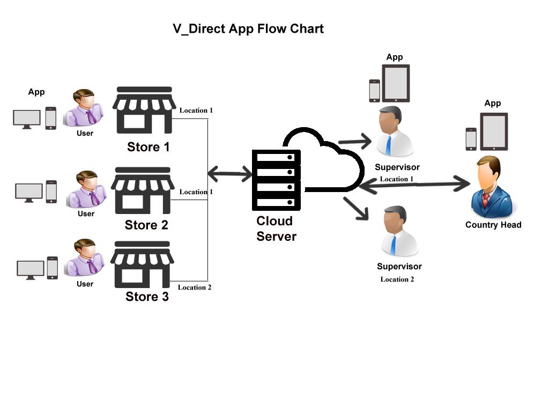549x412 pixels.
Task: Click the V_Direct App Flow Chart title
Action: [248, 29]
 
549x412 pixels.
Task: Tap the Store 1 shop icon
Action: [144, 110]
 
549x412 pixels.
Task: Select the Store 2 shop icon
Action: [143, 190]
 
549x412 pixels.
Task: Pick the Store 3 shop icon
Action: [142, 264]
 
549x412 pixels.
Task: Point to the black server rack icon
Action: [276, 180]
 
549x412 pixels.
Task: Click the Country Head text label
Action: [493, 225]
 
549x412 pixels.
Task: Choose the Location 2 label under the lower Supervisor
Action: [397, 279]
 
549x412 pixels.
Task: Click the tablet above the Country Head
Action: [494, 132]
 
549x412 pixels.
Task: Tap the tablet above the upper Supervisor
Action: [396, 83]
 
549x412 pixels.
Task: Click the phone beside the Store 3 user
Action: [53, 268]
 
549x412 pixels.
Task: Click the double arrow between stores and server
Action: [229, 174]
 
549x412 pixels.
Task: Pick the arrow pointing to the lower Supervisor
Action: [357, 208]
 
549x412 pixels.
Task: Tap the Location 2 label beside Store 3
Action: [195, 288]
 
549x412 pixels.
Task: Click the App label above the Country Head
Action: [492, 103]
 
